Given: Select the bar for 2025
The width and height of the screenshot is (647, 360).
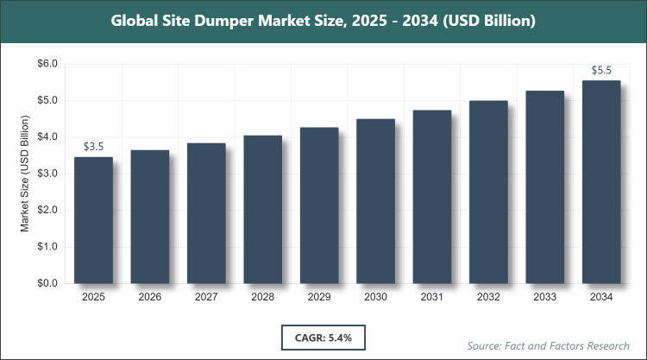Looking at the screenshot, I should coord(93,220).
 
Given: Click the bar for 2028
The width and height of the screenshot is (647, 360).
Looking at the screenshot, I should coord(262,209).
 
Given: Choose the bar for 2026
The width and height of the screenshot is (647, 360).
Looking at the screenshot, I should coord(149,217).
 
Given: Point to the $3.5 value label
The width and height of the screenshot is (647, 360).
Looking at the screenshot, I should coord(93,147).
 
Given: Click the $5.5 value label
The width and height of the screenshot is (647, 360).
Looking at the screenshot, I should coord(601,70).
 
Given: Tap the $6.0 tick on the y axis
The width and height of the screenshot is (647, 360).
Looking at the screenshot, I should coord(46,64).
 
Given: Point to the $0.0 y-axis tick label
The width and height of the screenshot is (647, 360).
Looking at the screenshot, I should coord(46,283).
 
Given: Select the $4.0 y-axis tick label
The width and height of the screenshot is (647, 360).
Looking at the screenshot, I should coord(46,137).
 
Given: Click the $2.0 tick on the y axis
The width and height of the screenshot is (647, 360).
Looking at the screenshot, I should coord(46,210).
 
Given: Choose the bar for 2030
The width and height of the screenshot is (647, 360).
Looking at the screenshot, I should coord(375,201).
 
